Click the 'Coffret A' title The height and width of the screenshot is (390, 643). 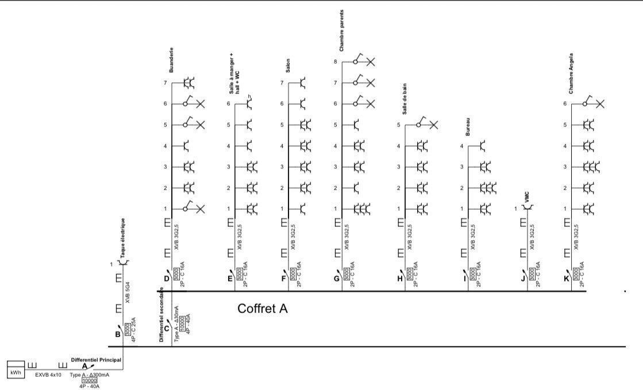pyautogui.click(x=263, y=309)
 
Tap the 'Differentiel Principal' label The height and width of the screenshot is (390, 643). pyautogui.click(x=97, y=360)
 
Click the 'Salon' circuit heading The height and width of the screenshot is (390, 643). pyautogui.click(x=288, y=67)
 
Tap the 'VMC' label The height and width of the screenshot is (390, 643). pyautogui.click(x=525, y=197)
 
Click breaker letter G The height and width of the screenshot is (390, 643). pyautogui.click(x=337, y=279)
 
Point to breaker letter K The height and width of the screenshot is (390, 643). pyautogui.click(x=566, y=279)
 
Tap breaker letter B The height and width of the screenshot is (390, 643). pyautogui.click(x=117, y=334)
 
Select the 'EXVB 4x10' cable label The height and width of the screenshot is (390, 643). pyautogui.click(x=48, y=374)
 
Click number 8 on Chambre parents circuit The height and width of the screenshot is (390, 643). pyautogui.click(x=335, y=61)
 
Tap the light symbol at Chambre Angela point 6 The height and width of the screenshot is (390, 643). pyautogui.click(x=600, y=104)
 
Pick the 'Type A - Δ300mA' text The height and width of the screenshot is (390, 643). pyautogui.click(x=90, y=374)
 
